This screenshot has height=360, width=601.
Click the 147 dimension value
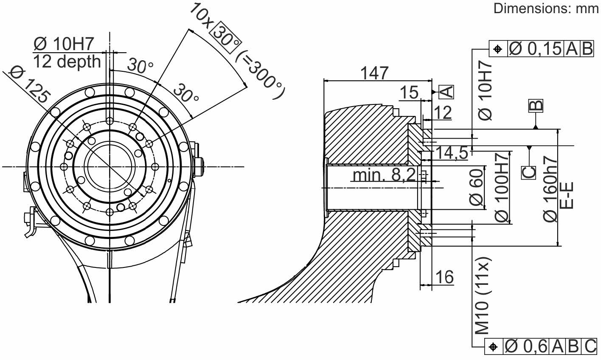tap(374, 73)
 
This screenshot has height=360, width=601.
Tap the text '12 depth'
tap(67, 62)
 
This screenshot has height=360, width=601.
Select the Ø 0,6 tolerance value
tap(526, 347)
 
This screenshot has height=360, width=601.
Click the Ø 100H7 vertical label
tap(502, 186)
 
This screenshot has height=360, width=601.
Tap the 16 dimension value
tap(444, 277)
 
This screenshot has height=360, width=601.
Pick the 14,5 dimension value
tap(452, 152)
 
